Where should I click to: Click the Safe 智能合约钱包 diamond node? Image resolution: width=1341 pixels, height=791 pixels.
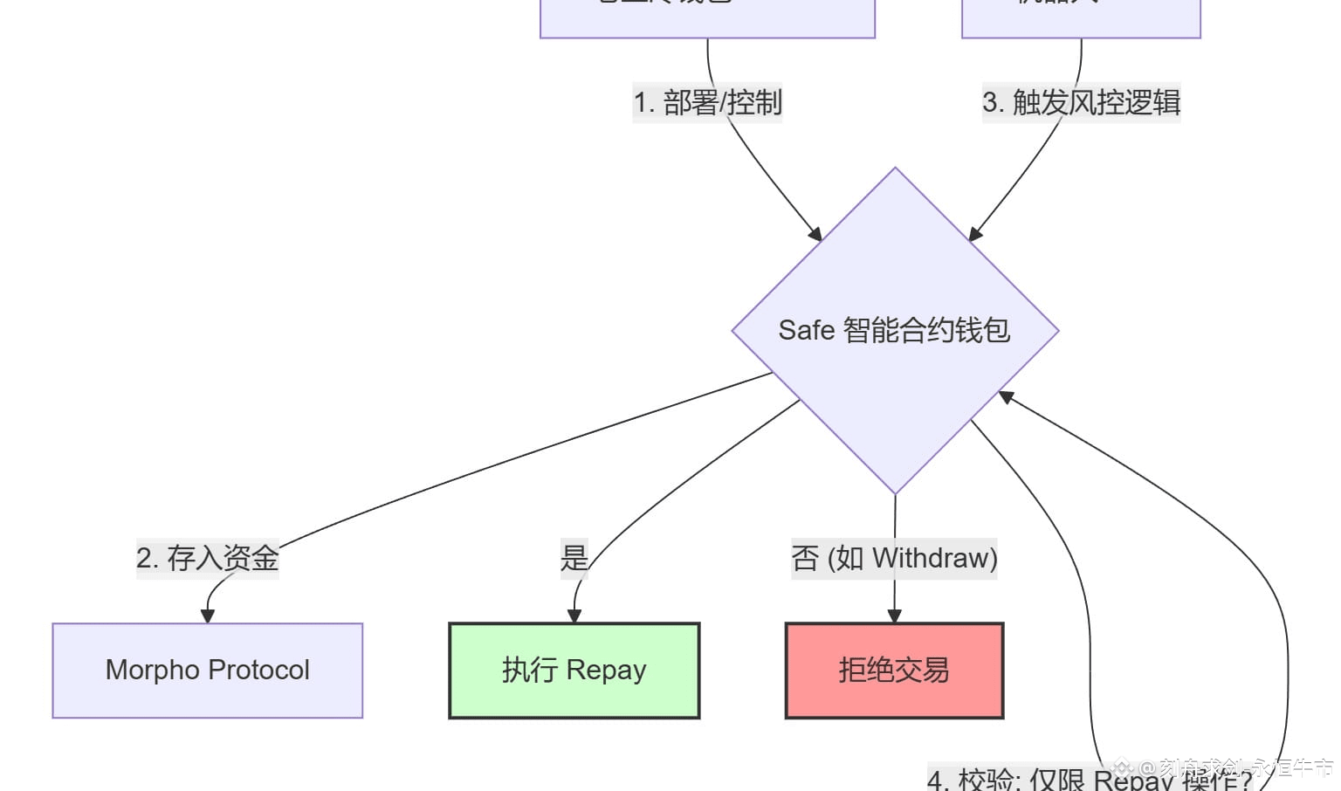(x=895, y=331)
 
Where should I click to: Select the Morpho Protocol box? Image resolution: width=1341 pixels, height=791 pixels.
(x=208, y=671)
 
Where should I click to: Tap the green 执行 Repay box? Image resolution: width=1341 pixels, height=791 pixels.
(x=574, y=671)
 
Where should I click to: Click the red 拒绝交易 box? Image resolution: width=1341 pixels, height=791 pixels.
(x=894, y=671)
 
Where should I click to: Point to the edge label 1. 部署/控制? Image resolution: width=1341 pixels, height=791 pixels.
(x=707, y=103)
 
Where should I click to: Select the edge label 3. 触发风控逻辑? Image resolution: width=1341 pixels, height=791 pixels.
(x=1081, y=103)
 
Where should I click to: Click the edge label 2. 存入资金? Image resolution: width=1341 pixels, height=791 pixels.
(x=208, y=558)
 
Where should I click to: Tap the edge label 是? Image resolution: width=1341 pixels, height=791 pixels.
(x=574, y=558)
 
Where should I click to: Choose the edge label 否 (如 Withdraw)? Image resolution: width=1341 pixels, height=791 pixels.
(x=894, y=558)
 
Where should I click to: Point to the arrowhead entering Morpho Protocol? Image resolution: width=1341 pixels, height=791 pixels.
(x=208, y=616)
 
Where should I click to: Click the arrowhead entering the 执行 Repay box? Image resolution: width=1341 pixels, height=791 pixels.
(x=574, y=616)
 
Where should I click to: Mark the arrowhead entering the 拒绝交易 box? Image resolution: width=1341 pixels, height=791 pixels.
(x=894, y=616)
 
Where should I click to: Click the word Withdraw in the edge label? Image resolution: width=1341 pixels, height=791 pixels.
(x=934, y=558)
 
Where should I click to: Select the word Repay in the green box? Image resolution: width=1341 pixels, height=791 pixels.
(x=606, y=671)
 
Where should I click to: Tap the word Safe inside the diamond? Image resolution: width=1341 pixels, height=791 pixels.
(x=806, y=331)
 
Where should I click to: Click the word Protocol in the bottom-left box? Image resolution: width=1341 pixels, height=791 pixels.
(x=259, y=671)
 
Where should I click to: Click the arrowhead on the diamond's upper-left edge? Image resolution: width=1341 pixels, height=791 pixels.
(x=815, y=234)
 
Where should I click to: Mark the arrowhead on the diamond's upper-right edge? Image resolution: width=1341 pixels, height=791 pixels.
(x=975, y=234)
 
